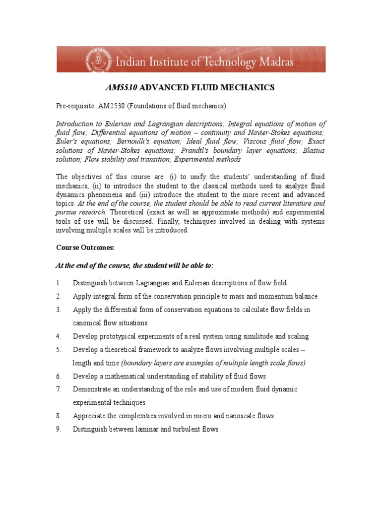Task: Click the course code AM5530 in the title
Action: (x=122, y=88)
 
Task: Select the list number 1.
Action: (x=58, y=283)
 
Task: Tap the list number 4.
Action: (x=58, y=336)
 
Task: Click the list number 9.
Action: (x=58, y=429)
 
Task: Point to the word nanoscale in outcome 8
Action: (x=241, y=416)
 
